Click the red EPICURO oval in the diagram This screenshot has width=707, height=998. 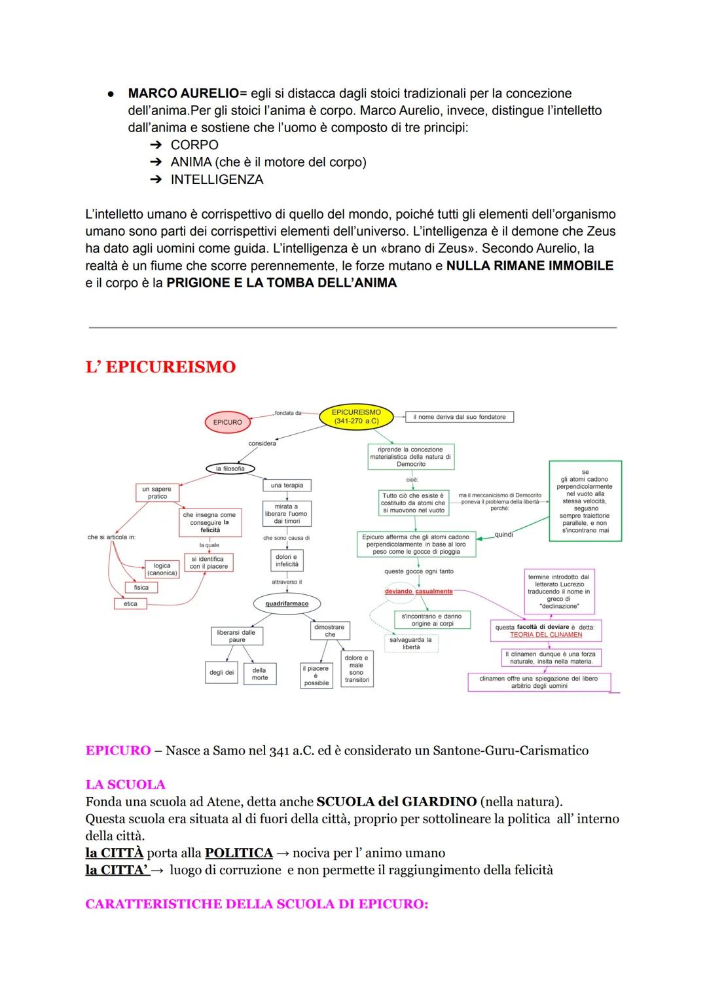coord(227,422)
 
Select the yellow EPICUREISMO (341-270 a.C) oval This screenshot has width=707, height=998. coord(356,416)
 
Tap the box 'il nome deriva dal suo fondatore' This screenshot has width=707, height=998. coord(460,417)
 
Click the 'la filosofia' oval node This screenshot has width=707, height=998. coord(230,469)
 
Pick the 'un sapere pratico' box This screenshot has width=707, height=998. coord(157,493)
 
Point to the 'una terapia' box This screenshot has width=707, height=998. coord(287,486)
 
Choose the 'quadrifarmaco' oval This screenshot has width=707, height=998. coord(287,603)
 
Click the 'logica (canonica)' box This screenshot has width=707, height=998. coord(162,569)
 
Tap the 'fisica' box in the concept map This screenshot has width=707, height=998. coord(141,588)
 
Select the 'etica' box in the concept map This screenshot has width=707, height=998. coord(130,603)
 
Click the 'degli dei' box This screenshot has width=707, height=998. coord(221,673)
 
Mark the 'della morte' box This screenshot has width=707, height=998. coord(260,673)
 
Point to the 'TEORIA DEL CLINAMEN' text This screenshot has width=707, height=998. coord(546,635)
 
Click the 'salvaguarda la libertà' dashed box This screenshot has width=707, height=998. coord(411,643)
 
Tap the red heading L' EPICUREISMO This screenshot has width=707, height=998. coord(160,367)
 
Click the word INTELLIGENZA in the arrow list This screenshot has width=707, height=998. coord(217,179)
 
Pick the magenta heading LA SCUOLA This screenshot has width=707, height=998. coord(125,785)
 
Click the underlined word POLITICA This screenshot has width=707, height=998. coord(238,853)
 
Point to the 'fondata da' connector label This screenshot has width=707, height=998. coord(288,413)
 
